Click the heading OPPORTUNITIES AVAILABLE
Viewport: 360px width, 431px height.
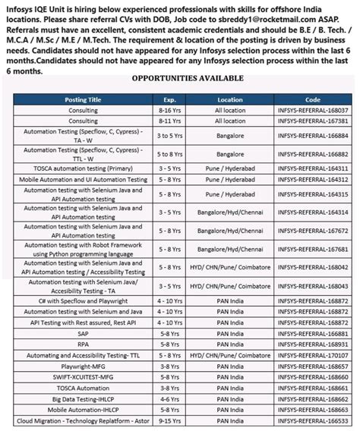(x=188, y=78)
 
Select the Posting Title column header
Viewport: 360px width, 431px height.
(x=84, y=99)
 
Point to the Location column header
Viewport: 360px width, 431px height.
(x=229, y=99)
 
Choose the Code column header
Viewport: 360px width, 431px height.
(x=312, y=99)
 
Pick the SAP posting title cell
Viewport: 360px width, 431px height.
(x=84, y=332)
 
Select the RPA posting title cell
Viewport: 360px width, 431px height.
(x=84, y=344)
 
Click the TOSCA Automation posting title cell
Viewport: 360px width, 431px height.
(x=84, y=387)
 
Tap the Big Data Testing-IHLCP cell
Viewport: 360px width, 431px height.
(x=84, y=398)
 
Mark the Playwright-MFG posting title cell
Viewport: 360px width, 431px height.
(x=84, y=365)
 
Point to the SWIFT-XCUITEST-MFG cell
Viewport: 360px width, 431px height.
(x=84, y=376)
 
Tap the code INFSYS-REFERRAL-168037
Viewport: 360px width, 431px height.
(x=312, y=110)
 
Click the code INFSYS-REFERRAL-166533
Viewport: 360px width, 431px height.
(x=312, y=420)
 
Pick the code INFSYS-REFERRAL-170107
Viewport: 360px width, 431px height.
(x=312, y=354)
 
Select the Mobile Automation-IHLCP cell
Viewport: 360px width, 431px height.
(x=84, y=409)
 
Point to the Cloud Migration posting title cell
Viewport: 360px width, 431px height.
(x=84, y=420)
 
